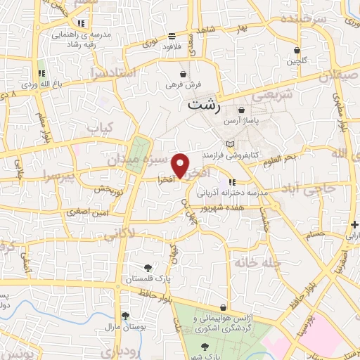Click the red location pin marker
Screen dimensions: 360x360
[181, 165]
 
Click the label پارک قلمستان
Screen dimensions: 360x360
[148, 279]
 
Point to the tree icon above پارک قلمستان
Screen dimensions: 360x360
[148, 267]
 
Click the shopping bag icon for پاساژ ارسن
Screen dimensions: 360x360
[242, 110]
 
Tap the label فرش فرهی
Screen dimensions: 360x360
[184, 84]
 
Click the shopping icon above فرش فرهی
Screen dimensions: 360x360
[184, 73]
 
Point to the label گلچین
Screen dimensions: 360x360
[297, 61]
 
